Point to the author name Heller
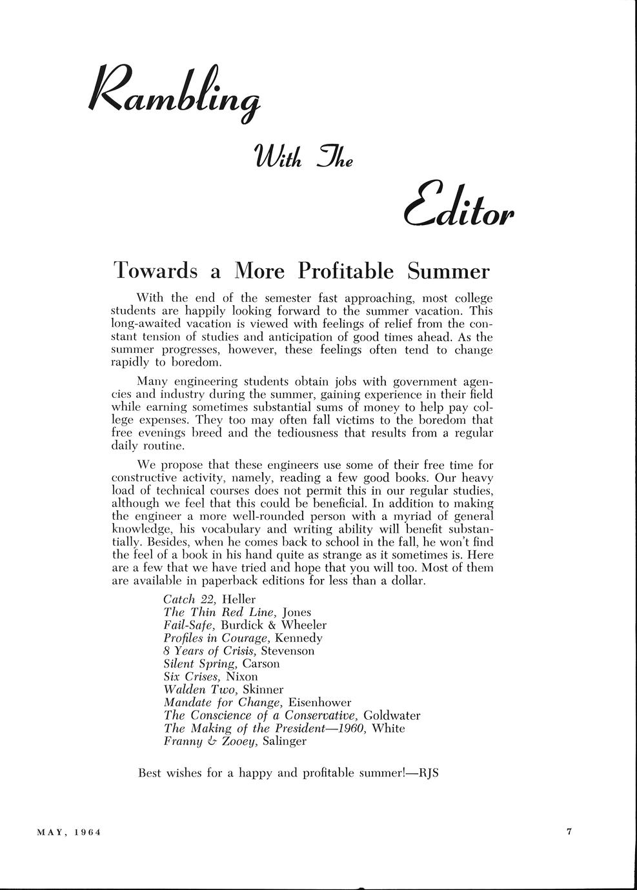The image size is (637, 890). click(238, 599)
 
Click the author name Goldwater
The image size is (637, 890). click(392, 715)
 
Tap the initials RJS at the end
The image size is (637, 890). click(429, 773)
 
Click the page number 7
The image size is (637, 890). click(569, 832)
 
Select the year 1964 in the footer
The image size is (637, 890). click(87, 833)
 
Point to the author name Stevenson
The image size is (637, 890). click(288, 651)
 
